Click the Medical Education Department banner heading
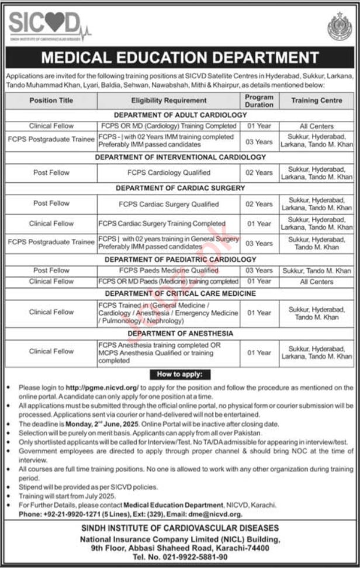coord(179,58)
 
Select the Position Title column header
coord(51,101)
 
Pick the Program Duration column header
coord(259,101)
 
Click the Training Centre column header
coord(317,101)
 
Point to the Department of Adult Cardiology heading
coord(180,115)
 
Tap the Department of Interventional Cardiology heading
coord(180,157)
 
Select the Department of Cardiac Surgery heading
coord(180,188)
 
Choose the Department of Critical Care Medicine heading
coord(180,293)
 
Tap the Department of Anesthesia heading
coord(180,333)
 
